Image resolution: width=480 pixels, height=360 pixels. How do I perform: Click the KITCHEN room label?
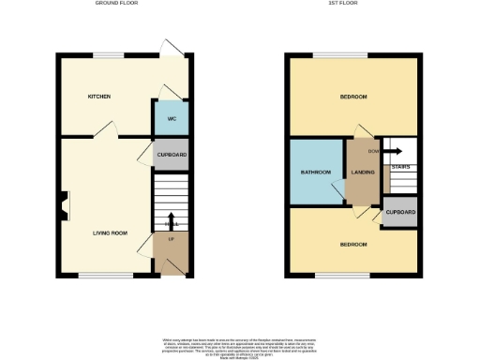coord(100,97)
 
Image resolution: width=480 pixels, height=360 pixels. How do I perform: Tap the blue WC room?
coord(172,119)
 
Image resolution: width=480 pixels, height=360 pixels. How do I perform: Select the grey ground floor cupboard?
coord(172,154)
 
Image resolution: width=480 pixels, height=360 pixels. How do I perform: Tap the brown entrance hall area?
coord(172,249)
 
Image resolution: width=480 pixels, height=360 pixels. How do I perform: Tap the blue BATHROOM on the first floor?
coord(316,172)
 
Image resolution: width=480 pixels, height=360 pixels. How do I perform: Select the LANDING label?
coord(363,172)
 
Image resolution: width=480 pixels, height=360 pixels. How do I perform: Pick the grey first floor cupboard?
coord(400,212)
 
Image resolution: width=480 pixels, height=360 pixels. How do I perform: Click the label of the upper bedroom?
coord(352,97)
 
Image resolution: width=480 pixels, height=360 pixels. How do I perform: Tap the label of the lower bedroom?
coord(352,244)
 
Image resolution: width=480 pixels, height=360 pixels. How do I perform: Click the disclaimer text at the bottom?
coord(240,344)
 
